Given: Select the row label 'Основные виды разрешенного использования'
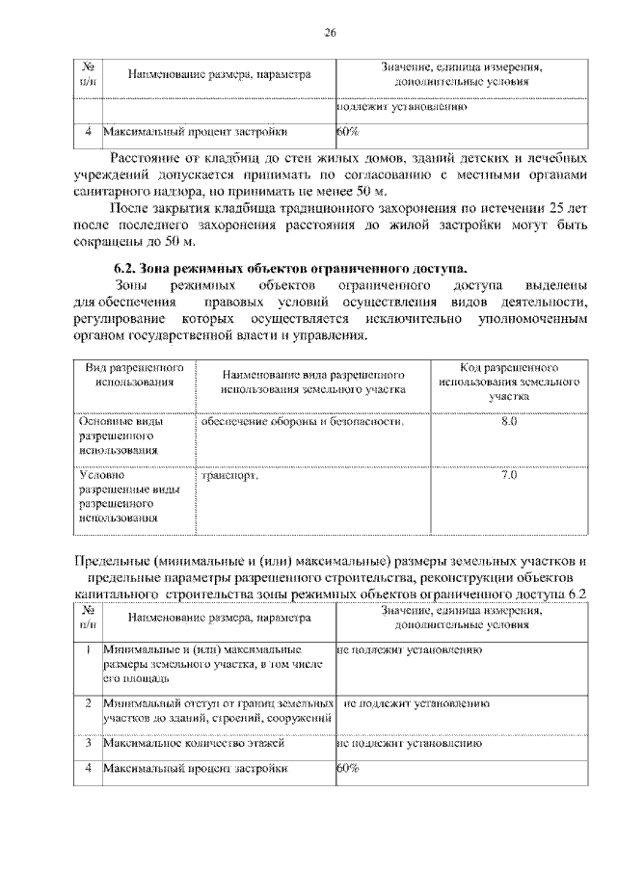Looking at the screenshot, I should point(121,436).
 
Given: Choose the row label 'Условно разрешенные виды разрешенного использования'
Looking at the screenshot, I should point(127,495).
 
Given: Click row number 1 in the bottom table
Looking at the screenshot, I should point(88,650).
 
